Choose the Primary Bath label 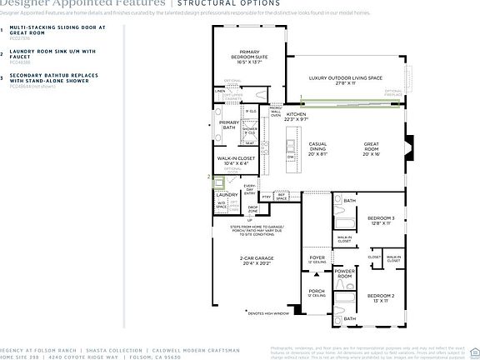pyautogui.click(x=229, y=125)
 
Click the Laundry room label pyautogui.click(x=228, y=194)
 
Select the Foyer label pyautogui.click(x=317, y=259)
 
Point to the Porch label pyautogui.click(x=316, y=292)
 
